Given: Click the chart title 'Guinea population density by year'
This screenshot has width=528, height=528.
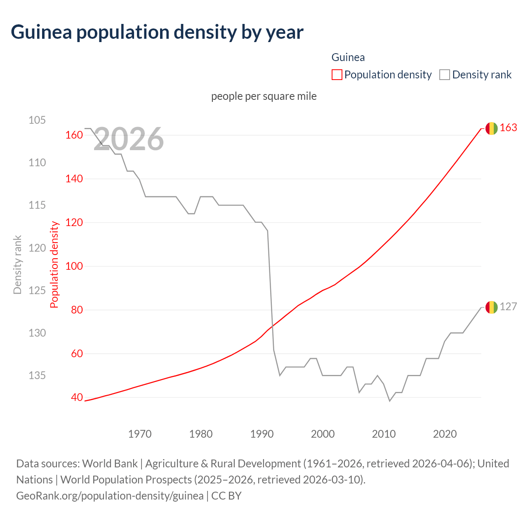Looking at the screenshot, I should [x=157, y=32].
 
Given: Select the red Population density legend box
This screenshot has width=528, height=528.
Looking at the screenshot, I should [x=337, y=75].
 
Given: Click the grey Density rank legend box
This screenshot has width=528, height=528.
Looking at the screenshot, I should [x=444, y=75].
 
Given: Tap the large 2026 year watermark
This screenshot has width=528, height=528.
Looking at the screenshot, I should [x=129, y=139].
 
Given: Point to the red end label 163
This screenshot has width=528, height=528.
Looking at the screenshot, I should [x=508, y=128].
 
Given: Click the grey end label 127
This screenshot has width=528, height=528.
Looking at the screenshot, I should [x=508, y=307].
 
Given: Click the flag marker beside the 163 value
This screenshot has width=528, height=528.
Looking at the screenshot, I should [x=491, y=128].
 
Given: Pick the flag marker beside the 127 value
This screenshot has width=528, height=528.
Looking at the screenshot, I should [x=491, y=307].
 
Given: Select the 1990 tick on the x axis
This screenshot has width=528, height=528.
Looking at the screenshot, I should [x=262, y=434].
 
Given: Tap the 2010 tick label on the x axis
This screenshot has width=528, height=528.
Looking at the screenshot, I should [x=384, y=434].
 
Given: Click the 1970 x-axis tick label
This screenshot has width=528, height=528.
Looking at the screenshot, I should [x=140, y=434].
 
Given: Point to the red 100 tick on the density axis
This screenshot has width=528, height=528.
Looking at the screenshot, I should [x=74, y=266].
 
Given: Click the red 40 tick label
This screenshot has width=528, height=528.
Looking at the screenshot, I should [x=77, y=397].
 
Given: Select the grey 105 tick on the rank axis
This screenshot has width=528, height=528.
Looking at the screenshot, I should [x=37, y=120].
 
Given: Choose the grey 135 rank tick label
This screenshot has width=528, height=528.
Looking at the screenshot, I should [x=37, y=375].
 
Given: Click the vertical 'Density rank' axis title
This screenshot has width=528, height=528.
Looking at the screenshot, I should [x=17, y=265].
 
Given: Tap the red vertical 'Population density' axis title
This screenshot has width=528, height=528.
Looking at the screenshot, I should [x=54, y=265].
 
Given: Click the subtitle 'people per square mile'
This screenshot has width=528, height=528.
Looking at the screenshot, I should [x=264, y=96].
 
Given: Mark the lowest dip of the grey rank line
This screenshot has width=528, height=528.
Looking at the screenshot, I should [x=389, y=401].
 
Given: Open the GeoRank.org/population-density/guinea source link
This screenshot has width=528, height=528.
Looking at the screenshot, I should [x=110, y=495].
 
